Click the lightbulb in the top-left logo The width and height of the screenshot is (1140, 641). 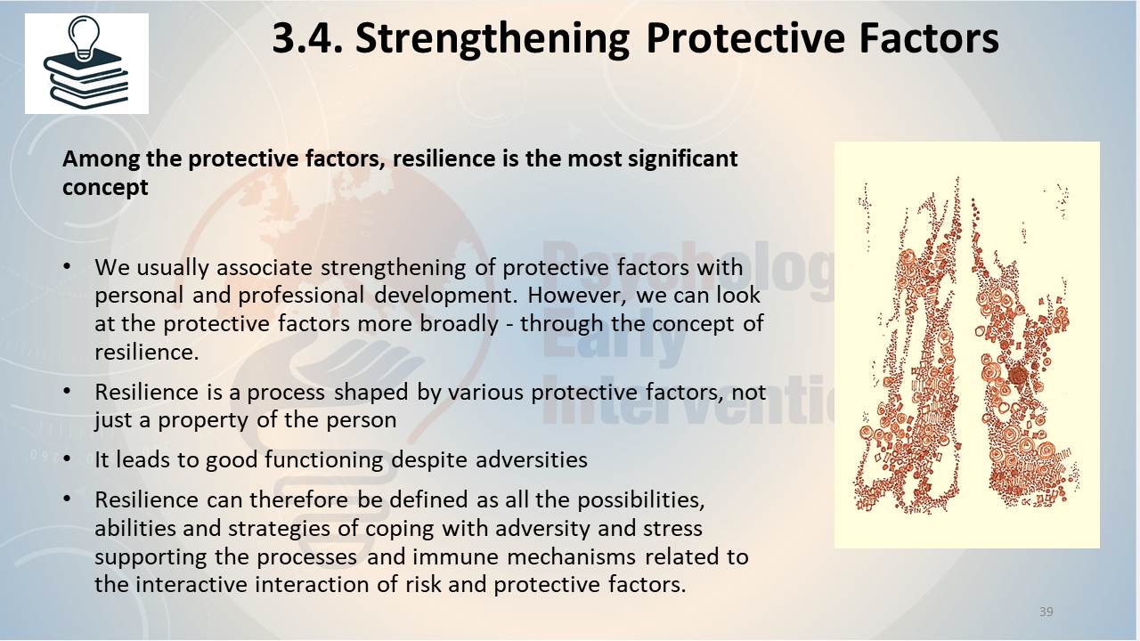pyautogui.click(x=84, y=37)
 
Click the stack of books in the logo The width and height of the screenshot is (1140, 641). pyautogui.click(x=86, y=80)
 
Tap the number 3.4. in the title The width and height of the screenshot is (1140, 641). pyautogui.click(x=308, y=38)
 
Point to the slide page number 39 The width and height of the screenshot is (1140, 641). pyautogui.click(x=1046, y=612)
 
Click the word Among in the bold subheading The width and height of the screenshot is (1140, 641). pyautogui.click(x=101, y=159)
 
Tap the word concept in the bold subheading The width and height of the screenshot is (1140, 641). pyautogui.click(x=105, y=187)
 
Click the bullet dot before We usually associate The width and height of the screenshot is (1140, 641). pyautogui.click(x=67, y=267)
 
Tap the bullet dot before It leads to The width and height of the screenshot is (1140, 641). pyautogui.click(x=67, y=459)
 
